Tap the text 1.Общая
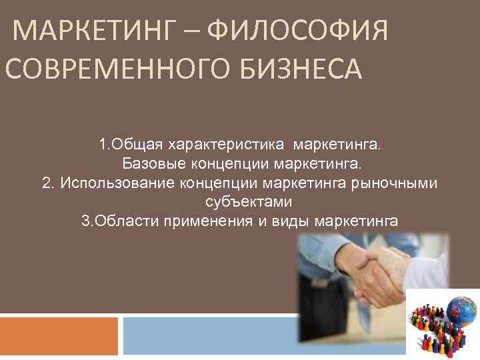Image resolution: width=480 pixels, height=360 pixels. tap(130, 145)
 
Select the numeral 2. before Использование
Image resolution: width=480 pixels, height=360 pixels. tap(47, 182)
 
